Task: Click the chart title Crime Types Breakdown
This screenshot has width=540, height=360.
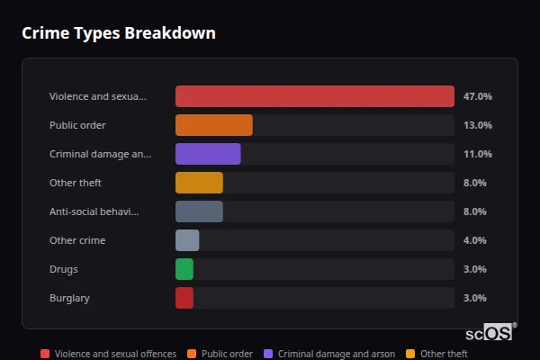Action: (119, 33)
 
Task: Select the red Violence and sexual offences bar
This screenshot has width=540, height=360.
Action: (314, 96)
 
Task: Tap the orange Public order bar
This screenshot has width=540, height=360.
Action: (213, 125)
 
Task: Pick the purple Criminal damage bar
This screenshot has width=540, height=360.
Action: (208, 154)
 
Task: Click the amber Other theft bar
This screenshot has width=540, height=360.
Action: (199, 183)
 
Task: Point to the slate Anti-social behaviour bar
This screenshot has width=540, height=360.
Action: (199, 211)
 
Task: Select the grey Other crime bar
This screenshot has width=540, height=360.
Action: (187, 240)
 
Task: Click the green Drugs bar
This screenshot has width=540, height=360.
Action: (184, 269)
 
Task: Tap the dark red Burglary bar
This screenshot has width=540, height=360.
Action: (184, 298)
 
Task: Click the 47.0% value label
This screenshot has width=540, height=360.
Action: (477, 96)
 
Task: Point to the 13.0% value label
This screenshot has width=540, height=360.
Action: (477, 125)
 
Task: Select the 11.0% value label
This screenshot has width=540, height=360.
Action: (477, 154)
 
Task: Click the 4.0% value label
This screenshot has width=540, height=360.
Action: (474, 240)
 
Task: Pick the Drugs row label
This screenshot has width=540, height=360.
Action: (65, 269)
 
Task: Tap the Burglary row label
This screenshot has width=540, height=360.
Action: (69, 298)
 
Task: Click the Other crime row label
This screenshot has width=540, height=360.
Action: (77, 240)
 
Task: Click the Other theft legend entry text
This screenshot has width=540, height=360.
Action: (444, 354)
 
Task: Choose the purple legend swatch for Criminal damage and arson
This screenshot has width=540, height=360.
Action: (268, 354)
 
